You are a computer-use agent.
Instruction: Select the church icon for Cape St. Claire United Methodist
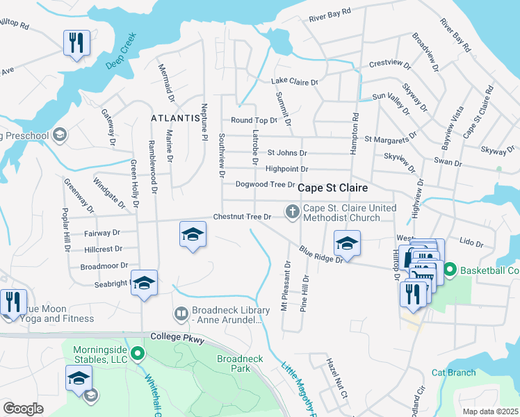click(293, 211)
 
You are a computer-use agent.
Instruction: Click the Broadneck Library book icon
click(181, 315)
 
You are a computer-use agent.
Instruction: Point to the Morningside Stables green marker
click(138, 355)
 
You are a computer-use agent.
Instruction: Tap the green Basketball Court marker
click(450, 269)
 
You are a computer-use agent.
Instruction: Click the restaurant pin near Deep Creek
click(76, 43)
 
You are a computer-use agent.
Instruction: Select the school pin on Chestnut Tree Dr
click(193, 234)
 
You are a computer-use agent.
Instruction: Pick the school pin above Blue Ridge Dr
click(346, 243)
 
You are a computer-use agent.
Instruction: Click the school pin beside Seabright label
click(144, 283)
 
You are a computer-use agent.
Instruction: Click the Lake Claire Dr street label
click(294, 82)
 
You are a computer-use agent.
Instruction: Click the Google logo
click(23, 408)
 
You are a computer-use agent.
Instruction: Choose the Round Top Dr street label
click(254, 120)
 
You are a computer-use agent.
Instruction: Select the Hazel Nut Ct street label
click(338, 379)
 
